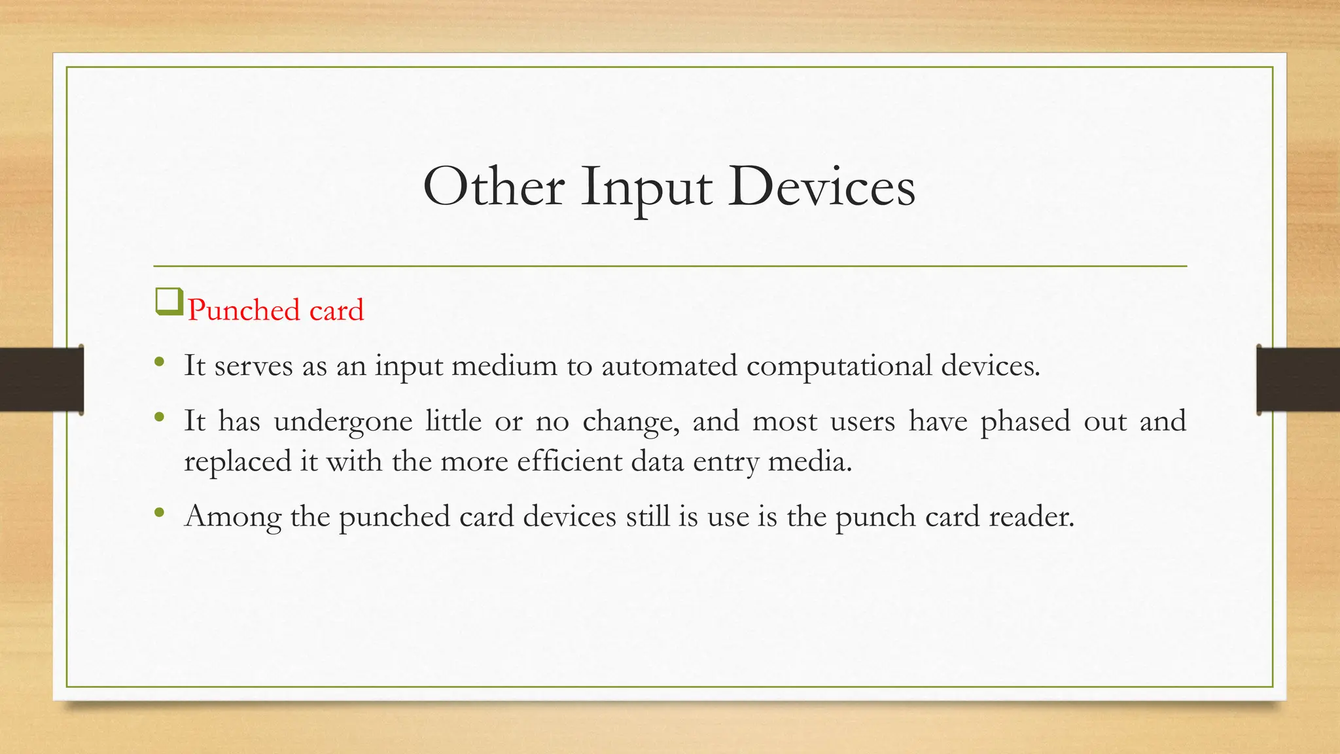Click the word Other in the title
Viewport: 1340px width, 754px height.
493,187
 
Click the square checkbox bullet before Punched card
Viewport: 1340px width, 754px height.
169,302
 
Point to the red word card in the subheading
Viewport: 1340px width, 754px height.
336,310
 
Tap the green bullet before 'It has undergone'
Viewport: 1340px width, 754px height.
160,418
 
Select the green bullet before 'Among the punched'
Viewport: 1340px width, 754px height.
160,513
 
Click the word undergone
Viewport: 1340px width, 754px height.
343,422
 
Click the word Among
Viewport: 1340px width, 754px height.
233,517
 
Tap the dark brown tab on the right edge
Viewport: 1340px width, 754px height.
1298,380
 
